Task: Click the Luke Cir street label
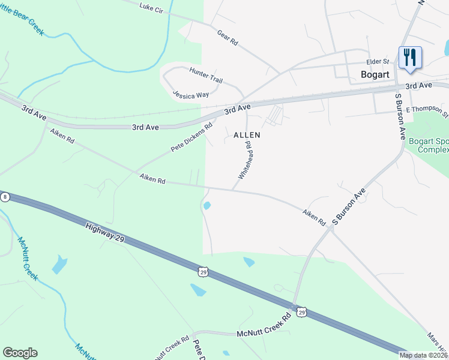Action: tap(151, 7)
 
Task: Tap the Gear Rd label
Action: tap(228, 38)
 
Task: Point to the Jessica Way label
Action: tap(190, 94)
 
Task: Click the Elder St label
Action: tap(378, 62)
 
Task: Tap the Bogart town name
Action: tap(375, 74)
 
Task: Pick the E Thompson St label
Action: tap(427, 110)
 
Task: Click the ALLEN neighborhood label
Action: tap(247, 135)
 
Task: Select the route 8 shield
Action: tap(5, 197)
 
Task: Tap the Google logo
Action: tap(20, 353)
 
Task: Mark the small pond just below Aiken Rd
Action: tap(207, 206)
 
